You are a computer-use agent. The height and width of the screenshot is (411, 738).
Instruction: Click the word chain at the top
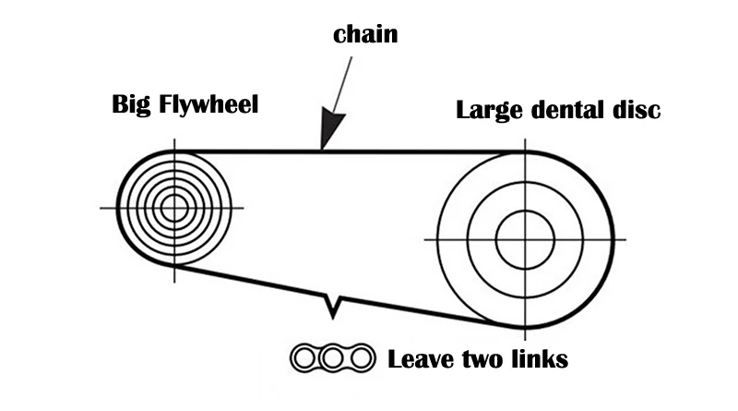[365, 34]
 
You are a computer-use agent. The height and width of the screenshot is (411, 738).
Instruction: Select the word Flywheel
[208, 104]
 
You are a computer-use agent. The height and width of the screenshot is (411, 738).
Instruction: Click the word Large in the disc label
[490, 110]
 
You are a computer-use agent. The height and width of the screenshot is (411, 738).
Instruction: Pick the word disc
[637, 109]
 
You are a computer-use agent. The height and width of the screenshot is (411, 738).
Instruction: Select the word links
[538, 359]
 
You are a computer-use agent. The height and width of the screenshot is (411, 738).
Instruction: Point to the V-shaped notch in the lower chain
[333, 307]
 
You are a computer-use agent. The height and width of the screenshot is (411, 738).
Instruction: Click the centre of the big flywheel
[174, 208]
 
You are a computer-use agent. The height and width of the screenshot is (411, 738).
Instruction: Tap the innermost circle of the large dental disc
[525, 211]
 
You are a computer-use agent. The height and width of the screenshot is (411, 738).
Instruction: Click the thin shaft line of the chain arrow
[342, 85]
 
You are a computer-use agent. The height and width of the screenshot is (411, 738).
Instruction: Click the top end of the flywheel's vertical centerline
[174, 139]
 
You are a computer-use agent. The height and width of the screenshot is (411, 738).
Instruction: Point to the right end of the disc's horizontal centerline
[626, 240]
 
